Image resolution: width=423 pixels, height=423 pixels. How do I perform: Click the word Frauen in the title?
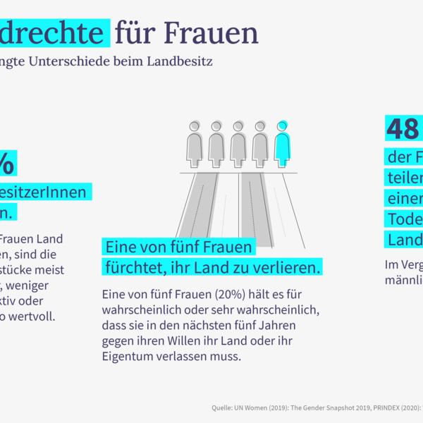[211, 32]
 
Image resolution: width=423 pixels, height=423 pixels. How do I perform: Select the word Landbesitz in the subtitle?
[179, 61]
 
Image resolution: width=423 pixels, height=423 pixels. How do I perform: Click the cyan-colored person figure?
[282, 144]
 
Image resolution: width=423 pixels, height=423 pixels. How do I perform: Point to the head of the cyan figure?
[282, 126]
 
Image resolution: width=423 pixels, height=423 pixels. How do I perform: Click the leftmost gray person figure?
[195, 144]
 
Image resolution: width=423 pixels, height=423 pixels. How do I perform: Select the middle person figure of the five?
[238, 144]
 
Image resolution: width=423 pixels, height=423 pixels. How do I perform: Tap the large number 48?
[403, 129]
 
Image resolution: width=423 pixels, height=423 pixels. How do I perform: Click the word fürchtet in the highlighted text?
[133, 268]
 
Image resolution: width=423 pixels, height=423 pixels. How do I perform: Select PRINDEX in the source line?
[385, 407]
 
